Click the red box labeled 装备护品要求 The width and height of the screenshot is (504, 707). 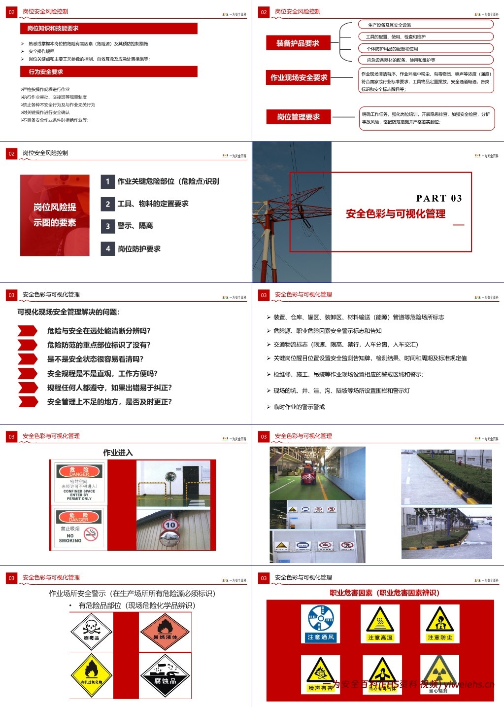[298, 43]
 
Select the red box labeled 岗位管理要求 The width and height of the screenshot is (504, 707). [298, 117]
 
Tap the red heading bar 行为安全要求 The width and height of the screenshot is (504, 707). [109, 72]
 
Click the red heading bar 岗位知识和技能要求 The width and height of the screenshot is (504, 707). [109, 29]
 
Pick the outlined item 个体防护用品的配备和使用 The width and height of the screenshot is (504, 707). [426, 48]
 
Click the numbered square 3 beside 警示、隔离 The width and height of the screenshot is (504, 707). [108, 226]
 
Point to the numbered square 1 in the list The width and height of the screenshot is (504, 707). [108, 181]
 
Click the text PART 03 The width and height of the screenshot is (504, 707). [439, 198]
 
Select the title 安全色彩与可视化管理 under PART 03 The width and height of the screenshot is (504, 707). [396, 213]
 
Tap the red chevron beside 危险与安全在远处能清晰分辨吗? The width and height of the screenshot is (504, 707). [28, 330]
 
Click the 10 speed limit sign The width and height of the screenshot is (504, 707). [170, 525]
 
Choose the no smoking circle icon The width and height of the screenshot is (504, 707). [91, 533]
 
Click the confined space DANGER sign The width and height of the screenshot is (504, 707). [79, 482]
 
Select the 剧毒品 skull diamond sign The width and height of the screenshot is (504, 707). [91, 631]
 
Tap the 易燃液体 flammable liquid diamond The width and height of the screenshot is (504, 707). [165, 631]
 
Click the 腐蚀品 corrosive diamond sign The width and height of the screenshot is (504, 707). [165, 675]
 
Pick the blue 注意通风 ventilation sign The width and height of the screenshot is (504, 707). [321, 624]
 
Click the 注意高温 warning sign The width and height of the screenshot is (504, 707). [380, 624]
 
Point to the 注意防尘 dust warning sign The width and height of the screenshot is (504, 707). [440, 624]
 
